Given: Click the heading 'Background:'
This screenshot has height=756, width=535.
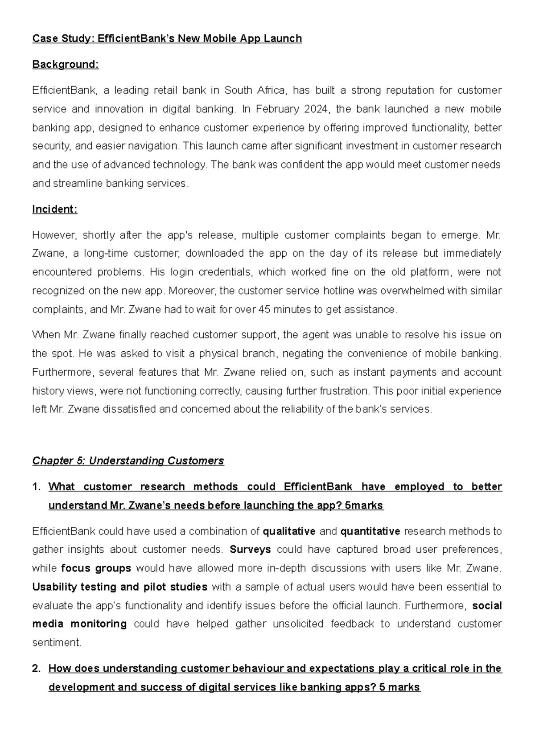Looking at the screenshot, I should pos(65,65).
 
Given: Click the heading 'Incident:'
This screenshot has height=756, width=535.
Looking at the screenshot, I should pos(54,210).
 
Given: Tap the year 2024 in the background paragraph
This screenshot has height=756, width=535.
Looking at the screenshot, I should pos(316,109).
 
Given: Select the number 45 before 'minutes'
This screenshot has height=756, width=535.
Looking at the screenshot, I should pos(264,309).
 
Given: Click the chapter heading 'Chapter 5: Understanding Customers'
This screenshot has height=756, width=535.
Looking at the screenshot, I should pos(128,460).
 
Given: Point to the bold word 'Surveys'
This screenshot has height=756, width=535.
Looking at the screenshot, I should pos(250,550).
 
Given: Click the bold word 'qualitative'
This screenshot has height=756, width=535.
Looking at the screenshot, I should pos(289,531).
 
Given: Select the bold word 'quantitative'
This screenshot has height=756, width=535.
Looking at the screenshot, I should pos(370,531).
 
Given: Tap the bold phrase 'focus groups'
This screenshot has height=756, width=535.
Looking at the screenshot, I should pos(96,568).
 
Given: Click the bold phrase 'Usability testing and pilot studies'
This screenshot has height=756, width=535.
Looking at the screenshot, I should pos(119,587).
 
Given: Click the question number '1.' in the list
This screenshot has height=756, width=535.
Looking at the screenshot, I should pos(37,487).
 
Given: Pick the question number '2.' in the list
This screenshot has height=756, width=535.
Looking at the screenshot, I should pos(37,669).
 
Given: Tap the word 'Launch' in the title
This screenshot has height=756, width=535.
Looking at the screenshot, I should pos(282,39).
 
